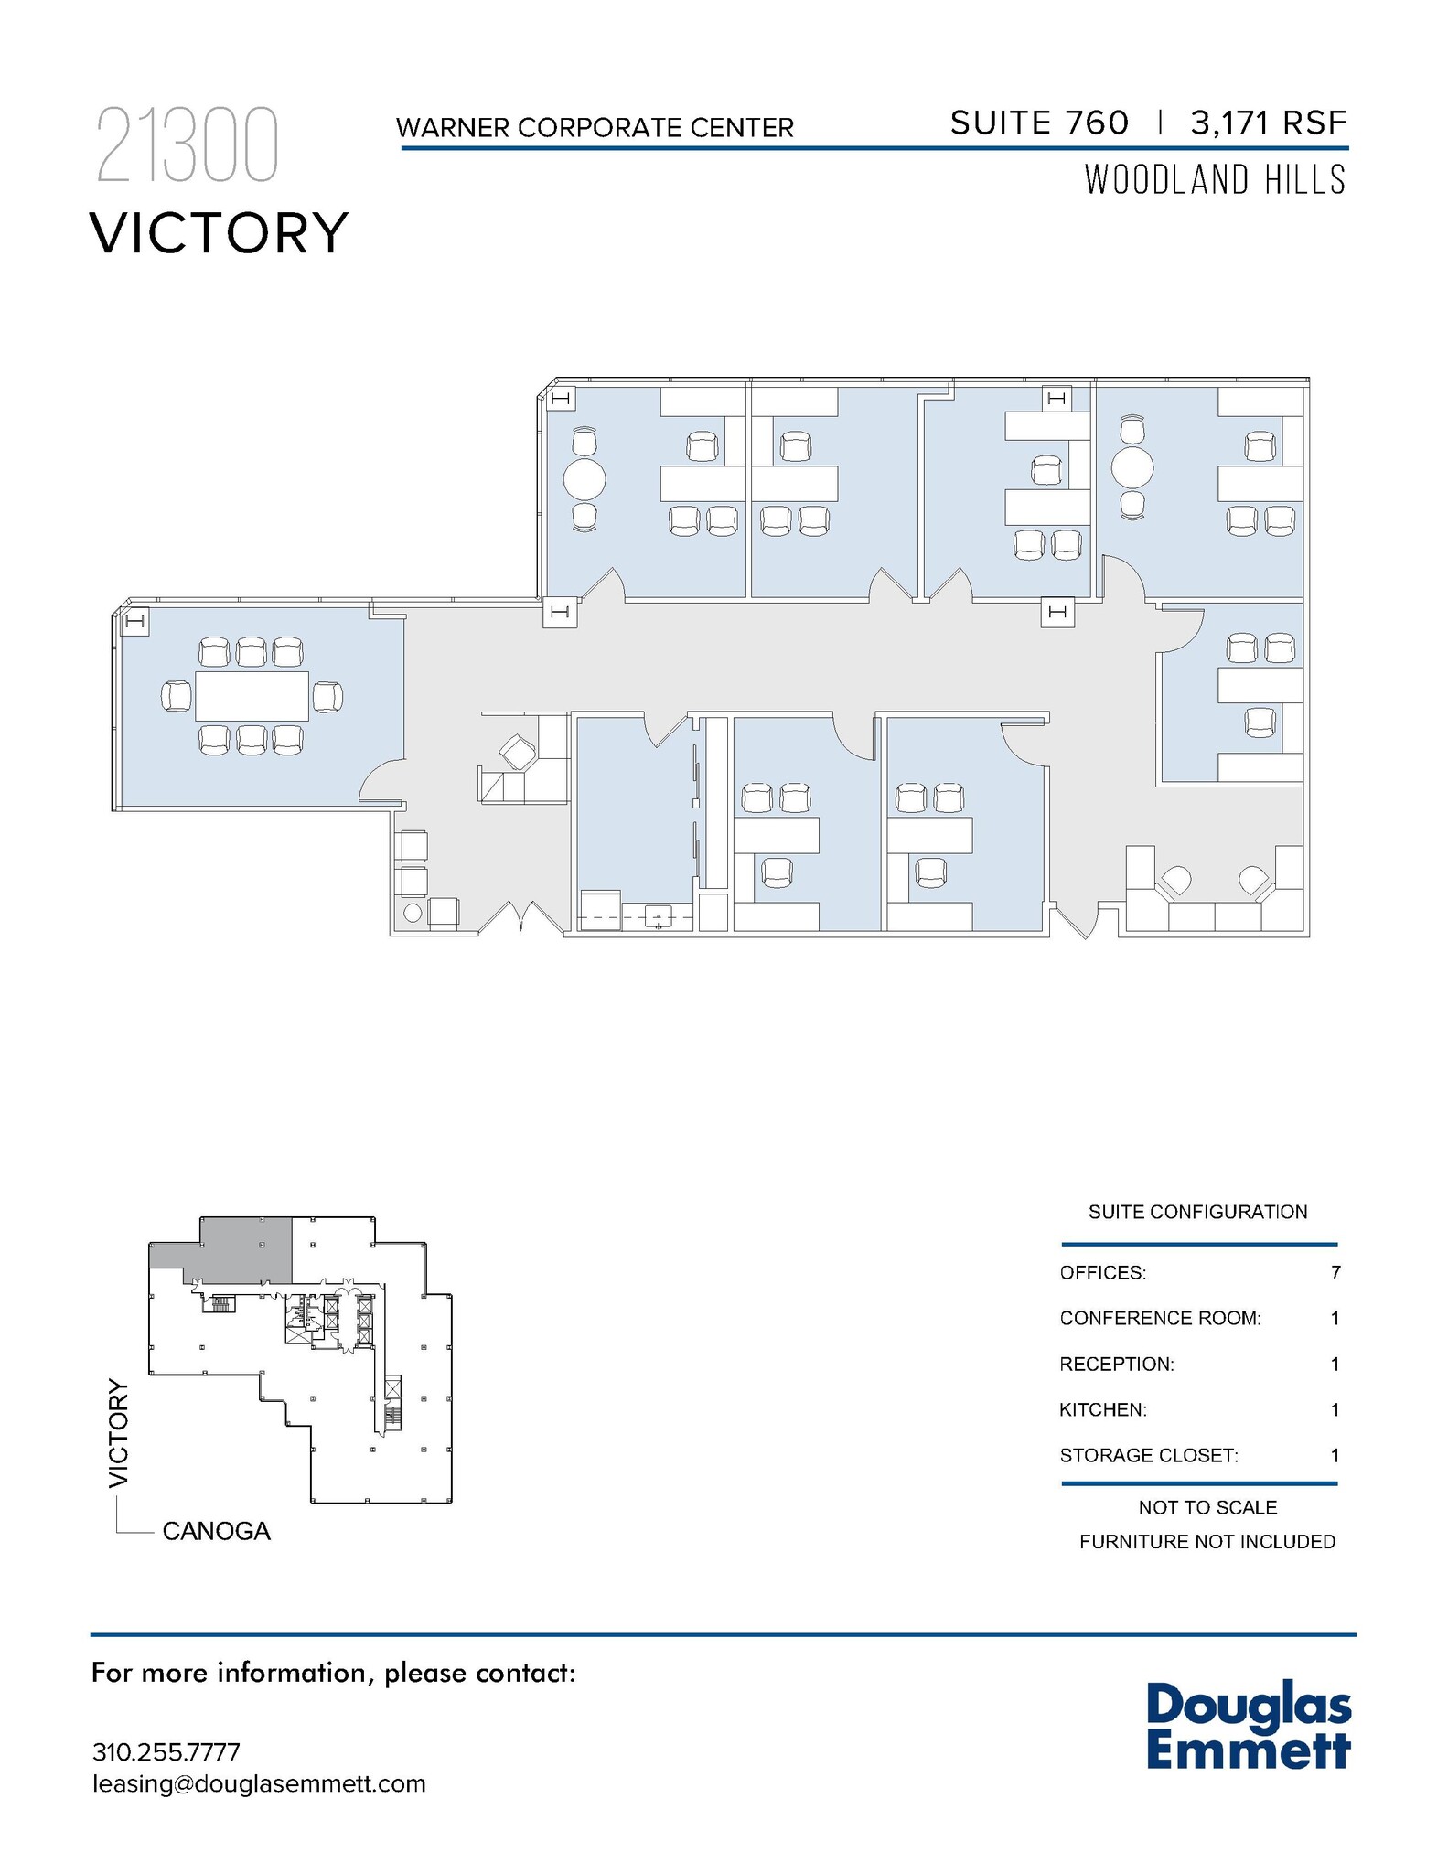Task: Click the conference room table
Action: coord(252,696)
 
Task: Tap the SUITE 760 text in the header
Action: coord(1039,123)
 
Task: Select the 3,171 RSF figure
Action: coord(1268,123)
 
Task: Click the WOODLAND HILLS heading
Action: coord(1215,180)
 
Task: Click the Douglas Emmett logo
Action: coord(1248,1728)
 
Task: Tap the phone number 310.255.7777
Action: coord(166,1752)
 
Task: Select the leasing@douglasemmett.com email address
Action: coord(259,1784)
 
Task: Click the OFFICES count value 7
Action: coord(1335,1273)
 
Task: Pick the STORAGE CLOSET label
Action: coord(1148,1455)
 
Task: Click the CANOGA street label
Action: coord(216,1531)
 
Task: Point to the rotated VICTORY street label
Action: coord(119,1432)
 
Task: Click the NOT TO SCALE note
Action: coord(1207,1507)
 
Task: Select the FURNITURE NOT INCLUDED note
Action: coord(1207,1542)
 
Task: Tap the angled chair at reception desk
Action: coord(518,752)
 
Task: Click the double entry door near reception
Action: coord(520,917)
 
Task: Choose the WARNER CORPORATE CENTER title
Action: coord(595,128)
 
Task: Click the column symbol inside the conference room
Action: coord(135,622)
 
